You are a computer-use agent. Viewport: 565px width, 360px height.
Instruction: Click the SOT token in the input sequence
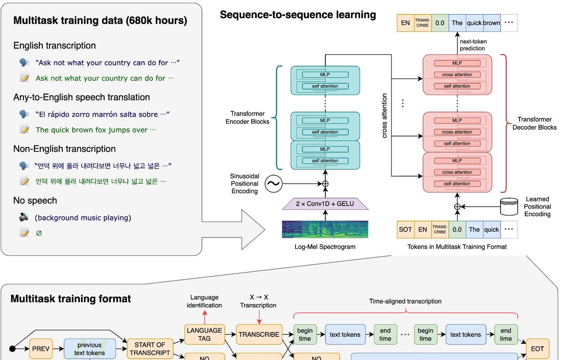click(405, 229)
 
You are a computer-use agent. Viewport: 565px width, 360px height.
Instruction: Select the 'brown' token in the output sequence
click(491, 23)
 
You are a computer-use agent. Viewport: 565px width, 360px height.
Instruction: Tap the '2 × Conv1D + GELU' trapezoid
click(325, 204)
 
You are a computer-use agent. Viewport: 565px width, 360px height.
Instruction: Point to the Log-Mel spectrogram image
click(325, 229)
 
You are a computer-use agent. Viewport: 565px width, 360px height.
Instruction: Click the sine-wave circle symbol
click(273, 184)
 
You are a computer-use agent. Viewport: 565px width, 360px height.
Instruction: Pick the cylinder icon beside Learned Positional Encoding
click(509, 206)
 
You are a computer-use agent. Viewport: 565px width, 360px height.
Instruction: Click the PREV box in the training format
click(41, 349)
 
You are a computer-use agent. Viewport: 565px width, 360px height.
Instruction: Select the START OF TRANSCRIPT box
click(150, 349)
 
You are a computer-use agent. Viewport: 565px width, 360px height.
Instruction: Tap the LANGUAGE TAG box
click(204, 334)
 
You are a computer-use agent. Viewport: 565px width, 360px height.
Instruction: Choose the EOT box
click(537, 349)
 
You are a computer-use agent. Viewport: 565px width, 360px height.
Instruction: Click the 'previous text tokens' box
click(90, 349)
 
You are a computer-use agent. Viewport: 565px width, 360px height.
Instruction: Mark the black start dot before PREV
click(12, 349)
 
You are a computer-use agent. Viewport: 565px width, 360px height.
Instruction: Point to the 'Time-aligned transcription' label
click(405, 301)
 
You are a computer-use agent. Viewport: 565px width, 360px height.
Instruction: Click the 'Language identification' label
click(204, 301)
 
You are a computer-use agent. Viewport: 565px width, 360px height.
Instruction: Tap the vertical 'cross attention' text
click(384, 116)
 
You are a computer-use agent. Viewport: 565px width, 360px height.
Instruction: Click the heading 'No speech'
click(35, 201)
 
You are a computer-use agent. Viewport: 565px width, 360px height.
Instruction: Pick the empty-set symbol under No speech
click(39, 233)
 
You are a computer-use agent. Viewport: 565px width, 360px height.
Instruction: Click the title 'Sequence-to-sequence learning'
click(298, 15)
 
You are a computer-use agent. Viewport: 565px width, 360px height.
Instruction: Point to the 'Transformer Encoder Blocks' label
click(247, 117)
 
